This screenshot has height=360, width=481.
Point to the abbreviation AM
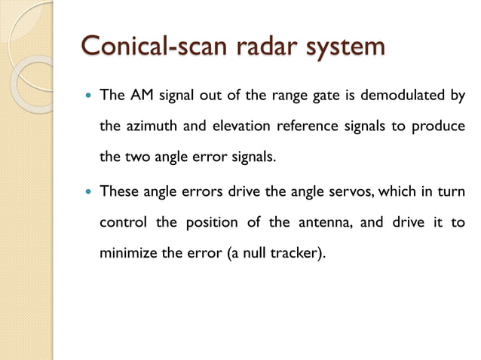click(x=141, y=96)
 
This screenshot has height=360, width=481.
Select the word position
click(x=210, y=224)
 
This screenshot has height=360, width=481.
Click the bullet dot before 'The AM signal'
click(x=89, y=96)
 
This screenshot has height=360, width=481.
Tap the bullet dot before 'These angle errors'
click(x=89, y=191)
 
